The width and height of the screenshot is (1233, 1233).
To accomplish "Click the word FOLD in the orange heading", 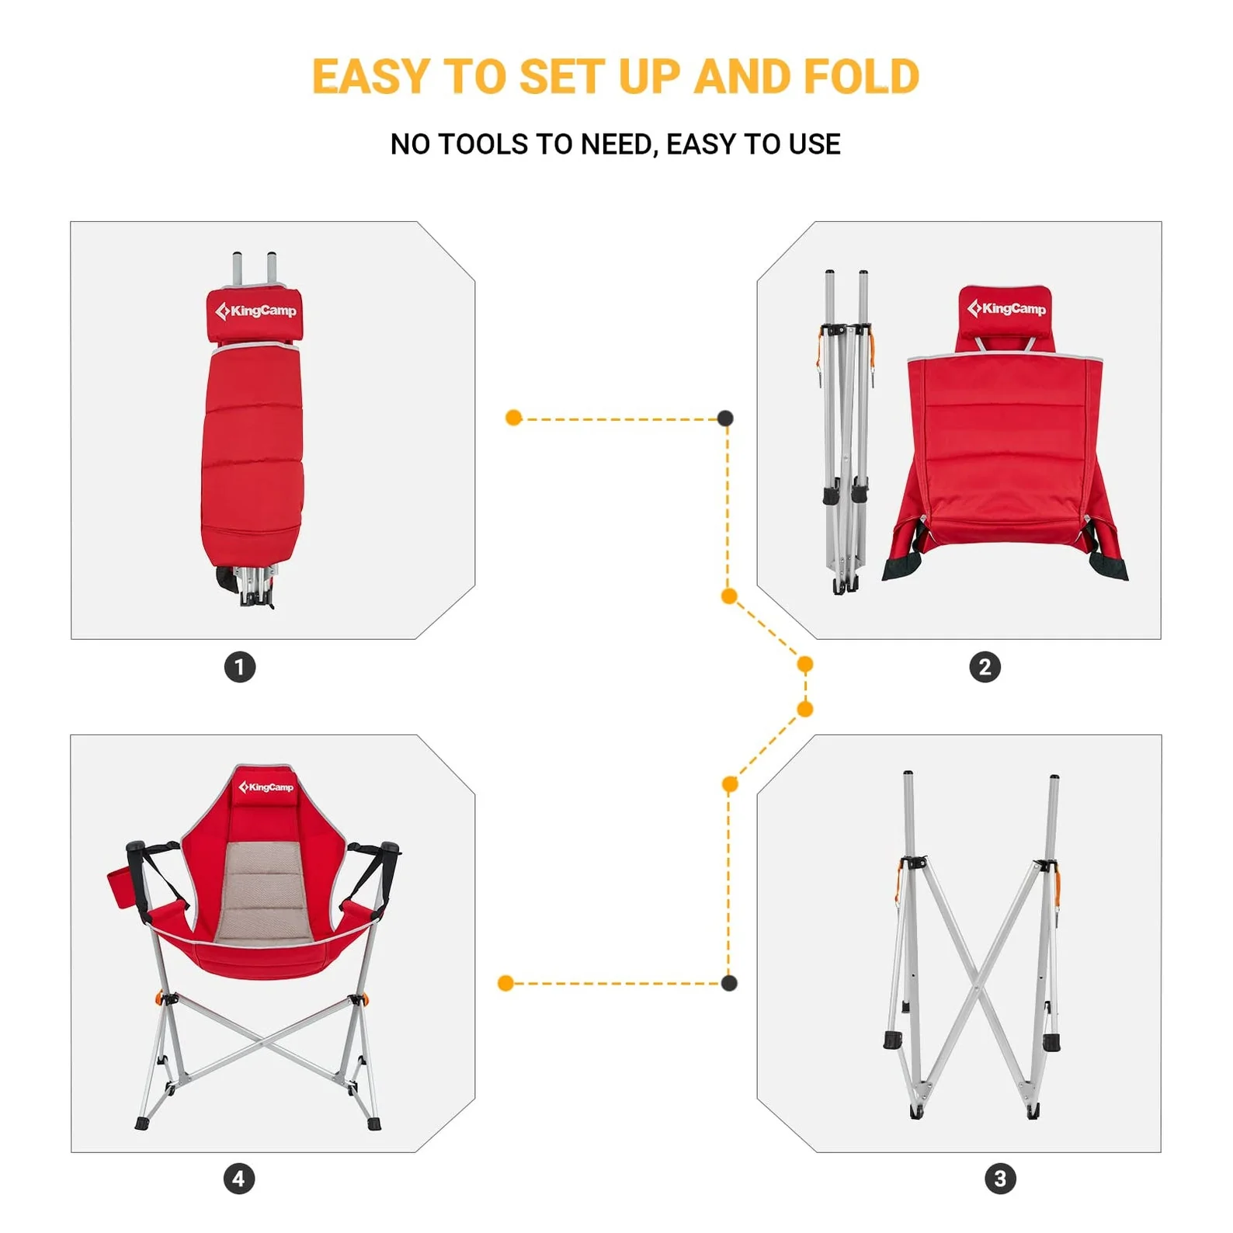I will [861, 77].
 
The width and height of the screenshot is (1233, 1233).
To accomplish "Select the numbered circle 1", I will [240, 667].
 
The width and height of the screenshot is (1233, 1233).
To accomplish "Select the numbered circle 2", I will [985, 667].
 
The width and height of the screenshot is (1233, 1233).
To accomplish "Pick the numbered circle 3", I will [1000, 1179].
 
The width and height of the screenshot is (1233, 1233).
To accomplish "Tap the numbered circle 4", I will [239, 1179].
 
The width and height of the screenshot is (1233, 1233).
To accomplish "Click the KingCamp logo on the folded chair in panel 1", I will [255, 311].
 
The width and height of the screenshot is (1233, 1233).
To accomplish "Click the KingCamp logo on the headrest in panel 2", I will [1006, 308].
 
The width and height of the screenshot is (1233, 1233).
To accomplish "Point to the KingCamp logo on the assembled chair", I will [266, 787].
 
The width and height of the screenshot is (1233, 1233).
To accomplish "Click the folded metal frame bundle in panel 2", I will [846, 435].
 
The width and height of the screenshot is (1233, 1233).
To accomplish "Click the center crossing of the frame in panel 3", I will [980, 980].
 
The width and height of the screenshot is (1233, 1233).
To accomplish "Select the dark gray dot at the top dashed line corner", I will [725, 419].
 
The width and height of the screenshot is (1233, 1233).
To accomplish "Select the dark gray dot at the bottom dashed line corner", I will [728, 983].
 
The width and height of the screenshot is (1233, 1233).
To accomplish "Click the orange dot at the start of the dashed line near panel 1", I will [513, 418].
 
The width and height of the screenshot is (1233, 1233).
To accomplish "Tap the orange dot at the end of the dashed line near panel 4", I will [505, 983].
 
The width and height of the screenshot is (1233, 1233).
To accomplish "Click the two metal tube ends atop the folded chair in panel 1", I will [254, 268].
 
